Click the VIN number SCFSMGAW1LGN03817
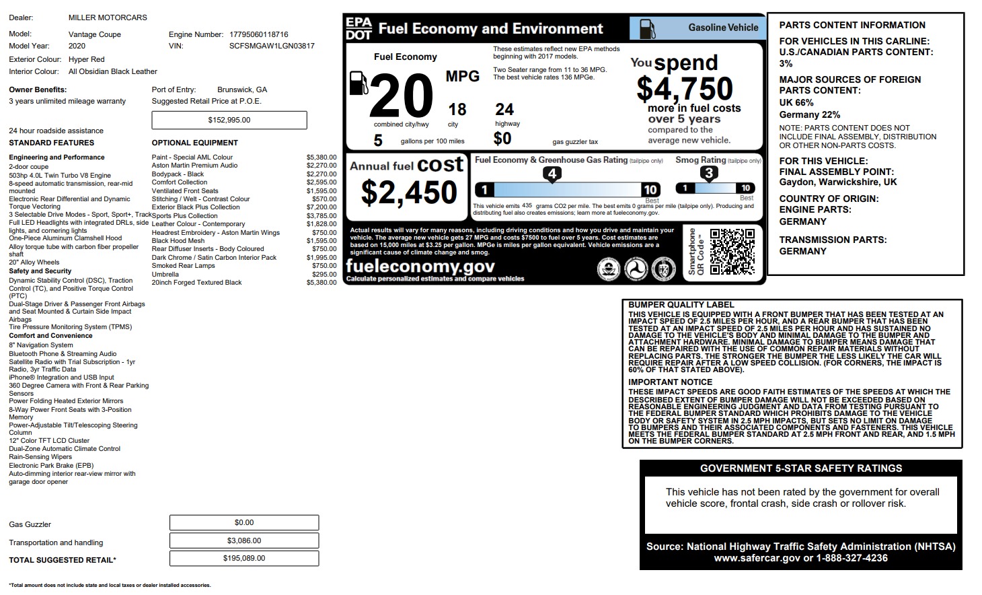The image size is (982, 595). pyautogui.click(x=271, y=46)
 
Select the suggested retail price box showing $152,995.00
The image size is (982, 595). pyautogui.click(x=229, y=120)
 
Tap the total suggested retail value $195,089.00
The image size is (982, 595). pyautogui.click(x=243, y=559)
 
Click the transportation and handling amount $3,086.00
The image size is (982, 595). pyautogui.click(x=243, y=540)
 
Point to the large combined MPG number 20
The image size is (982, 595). pyautogui.click(x=401, y=96)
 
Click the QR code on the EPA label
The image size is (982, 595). pyautogui.click(x=732, y=252)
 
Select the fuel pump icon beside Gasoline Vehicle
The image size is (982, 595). pyautogui.click(x=646, y=28)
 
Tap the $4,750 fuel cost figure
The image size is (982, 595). pyautogui.click(x=684, y=88)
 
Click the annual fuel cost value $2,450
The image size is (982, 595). pyautogui.click(x=409, y=193)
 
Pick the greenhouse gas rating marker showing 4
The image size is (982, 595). pyautogui.click(x=552, y=174)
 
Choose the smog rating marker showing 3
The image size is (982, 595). pyautogui.click(x=708, y=173)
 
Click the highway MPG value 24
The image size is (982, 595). pyautogui.click(x=504, y=109)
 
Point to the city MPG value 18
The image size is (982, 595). pyautogui.click(x=457, y=109)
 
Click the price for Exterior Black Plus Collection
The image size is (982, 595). pyautogui.click(x=322, y=207)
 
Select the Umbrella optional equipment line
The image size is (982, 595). pyautogui.click(x=165, y=275)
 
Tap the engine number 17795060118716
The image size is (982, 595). pyautogui.click(x=259, y=34)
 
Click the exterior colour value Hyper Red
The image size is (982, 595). pyautogui.click(x=87, y=59)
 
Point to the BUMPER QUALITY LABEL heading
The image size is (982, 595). pyautogui.click(x=681, y=305)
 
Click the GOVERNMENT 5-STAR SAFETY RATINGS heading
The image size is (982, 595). pyautogui.click(x=801, y=468)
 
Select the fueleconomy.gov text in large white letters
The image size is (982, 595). pyautogui.click(x=420, y=267)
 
